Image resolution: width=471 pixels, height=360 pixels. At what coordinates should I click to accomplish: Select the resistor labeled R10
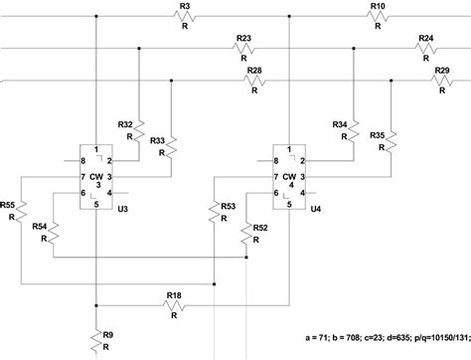[377, 18]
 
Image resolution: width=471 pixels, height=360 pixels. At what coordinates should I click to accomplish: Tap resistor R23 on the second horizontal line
[243, 49]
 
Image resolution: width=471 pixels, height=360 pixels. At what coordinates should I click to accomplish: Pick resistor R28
[254, 81]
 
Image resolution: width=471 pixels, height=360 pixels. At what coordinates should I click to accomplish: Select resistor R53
[215, 213]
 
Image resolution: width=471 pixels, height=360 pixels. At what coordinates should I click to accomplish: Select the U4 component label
[316, 210]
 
